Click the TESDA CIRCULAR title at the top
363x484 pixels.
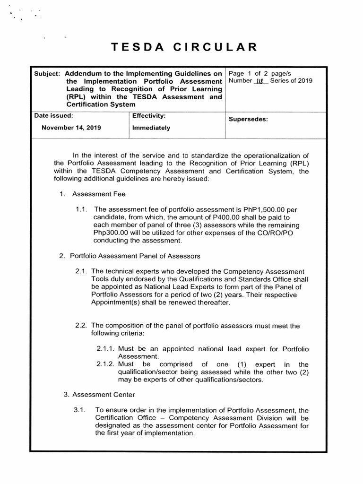click(184, 47)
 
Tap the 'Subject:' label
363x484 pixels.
click(47, 75)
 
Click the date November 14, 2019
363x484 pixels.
click(71, 128)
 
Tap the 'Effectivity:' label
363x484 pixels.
click(148, 116)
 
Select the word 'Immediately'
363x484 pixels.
click(151, 128)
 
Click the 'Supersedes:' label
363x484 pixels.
click(248, 119)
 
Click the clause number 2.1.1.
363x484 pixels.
click(106, 349)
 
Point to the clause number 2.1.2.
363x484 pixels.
click(106, 364)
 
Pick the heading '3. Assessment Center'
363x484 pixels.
click(99, 395)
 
